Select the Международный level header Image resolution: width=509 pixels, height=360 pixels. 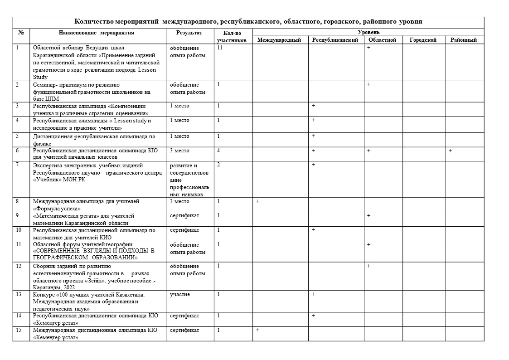279,40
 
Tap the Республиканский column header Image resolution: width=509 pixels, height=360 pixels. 336,40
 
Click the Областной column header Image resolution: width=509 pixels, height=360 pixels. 383,40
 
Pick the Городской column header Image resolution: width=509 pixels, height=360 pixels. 423,40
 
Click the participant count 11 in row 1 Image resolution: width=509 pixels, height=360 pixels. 220,48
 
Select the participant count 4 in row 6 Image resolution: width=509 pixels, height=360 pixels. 218,151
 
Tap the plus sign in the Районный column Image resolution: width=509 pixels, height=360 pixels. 451,151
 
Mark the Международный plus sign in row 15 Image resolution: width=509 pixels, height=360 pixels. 257,330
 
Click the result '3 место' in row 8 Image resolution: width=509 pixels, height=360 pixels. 179,201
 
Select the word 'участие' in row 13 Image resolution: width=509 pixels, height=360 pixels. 179,295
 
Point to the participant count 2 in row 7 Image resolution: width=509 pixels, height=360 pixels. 218,165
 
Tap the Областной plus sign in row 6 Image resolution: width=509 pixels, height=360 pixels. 368,151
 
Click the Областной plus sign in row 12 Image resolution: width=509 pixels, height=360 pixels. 368,266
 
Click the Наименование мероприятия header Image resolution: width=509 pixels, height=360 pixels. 97,33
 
